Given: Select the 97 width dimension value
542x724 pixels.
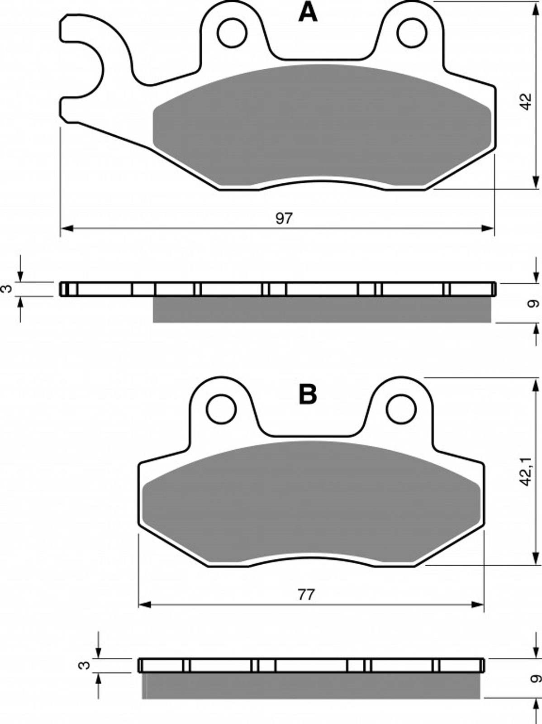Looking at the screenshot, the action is (284, 219).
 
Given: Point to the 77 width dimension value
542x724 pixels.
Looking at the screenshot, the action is (307, 595).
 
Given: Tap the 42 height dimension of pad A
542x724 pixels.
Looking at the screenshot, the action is (526, 101).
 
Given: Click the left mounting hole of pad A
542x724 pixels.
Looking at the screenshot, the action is (232, 33).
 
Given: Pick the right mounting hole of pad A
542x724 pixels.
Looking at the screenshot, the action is (412, 33).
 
